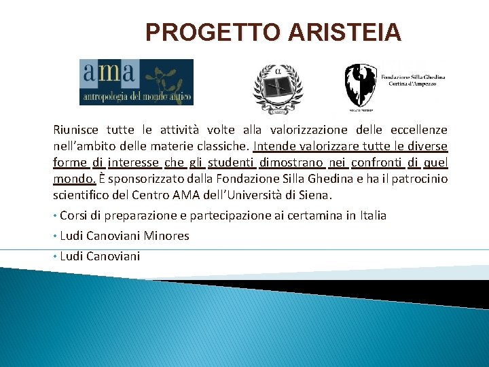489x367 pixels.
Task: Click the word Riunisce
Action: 76,130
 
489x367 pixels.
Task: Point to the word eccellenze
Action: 418,130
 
